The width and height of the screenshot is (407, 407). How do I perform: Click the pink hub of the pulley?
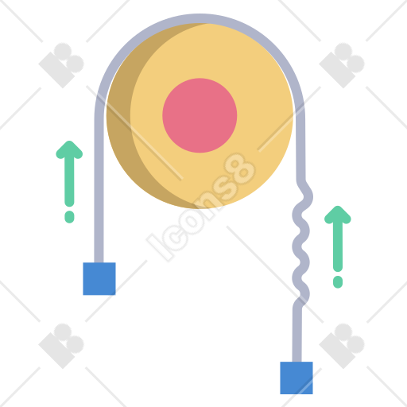[200, 115]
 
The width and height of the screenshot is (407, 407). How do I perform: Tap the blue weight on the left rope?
[99, 278]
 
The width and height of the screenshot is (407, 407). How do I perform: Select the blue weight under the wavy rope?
[297, 378]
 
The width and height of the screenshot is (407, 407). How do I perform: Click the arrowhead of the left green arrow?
[69, 149]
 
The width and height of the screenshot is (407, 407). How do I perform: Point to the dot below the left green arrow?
[69, 217]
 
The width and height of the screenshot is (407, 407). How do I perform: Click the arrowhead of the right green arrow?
[338, 215]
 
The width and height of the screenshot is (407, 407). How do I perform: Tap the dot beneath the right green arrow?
[338, 282]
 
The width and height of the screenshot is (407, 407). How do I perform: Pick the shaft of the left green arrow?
[69, 180]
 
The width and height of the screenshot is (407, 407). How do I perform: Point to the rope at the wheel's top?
[200, 18]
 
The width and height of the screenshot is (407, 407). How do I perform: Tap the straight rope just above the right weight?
[297, 334]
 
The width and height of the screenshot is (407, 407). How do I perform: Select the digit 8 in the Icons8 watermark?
[240, 169]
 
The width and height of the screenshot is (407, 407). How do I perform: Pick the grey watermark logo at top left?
[61, 65]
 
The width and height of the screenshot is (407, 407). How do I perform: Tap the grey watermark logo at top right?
[342, 65]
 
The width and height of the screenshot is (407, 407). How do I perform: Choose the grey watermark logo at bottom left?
[61, 346]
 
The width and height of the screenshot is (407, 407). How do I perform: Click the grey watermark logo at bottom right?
[342, 346]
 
